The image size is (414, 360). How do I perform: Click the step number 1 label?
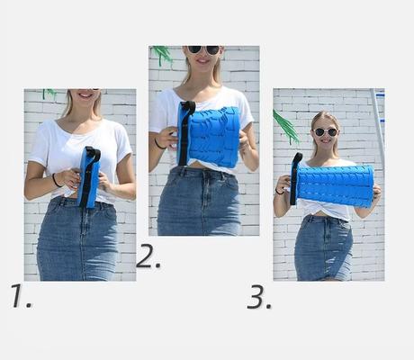click(21, 296)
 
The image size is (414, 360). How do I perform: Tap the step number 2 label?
click(148, 256)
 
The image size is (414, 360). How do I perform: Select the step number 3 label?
click(259, 297)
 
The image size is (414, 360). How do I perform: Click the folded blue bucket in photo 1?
click(89, 177)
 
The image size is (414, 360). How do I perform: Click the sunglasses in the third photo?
click(325, 132)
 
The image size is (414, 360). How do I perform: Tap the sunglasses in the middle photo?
click(204, 49)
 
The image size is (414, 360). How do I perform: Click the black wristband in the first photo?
click(56, 180)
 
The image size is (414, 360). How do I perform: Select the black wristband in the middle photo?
click(159, 144)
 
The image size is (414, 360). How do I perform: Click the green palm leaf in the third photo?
click(285, 127)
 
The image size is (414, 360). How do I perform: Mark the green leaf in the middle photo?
click(162, 54)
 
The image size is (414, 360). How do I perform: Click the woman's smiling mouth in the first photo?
click(85, 95)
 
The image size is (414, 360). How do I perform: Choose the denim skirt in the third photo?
click(323, 248)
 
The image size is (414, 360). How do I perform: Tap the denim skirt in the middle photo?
click(199, 201)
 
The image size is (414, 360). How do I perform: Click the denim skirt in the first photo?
click(77, 239)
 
